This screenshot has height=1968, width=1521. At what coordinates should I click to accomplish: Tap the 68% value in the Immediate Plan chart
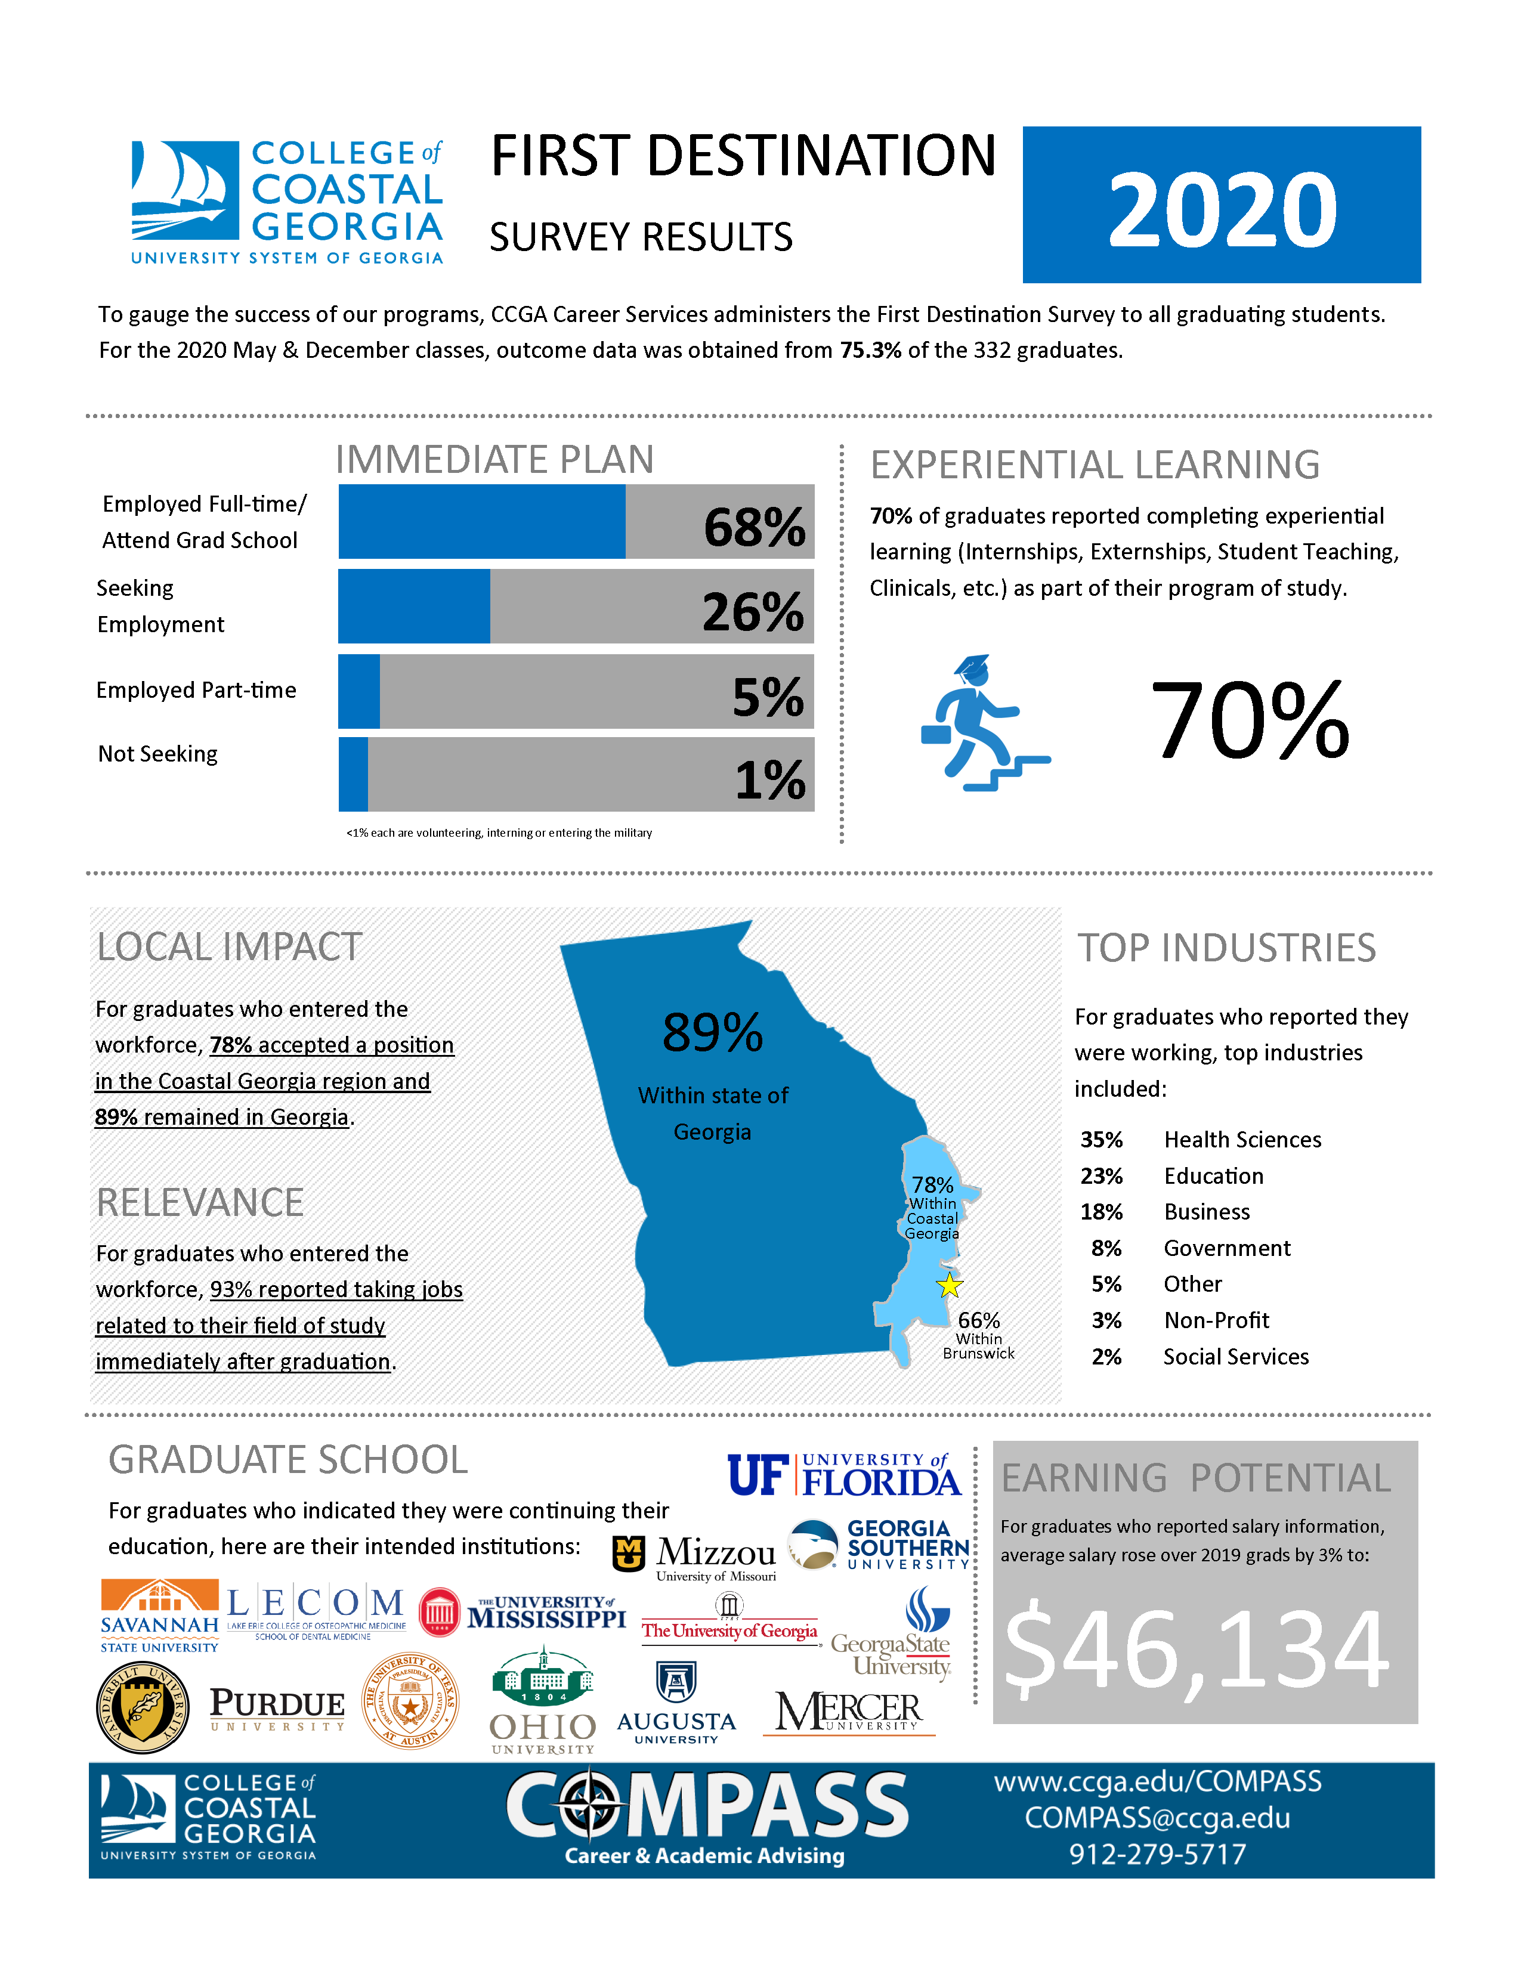754,527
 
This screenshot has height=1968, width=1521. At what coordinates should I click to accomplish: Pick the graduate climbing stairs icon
984,723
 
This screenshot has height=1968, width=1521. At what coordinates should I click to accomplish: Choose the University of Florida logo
843,1475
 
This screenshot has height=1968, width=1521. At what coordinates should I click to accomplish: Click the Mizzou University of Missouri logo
695,1557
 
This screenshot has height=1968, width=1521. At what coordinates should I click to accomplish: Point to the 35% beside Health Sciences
1101,1140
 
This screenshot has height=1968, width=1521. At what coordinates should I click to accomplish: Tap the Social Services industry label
1235,1357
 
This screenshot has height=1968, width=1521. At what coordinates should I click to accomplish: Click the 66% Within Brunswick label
979,1335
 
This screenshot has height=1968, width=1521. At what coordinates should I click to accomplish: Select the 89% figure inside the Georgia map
712,1033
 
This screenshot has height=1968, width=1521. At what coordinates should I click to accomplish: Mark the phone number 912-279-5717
1157,1855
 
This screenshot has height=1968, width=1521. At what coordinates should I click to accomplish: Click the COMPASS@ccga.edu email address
1157,1818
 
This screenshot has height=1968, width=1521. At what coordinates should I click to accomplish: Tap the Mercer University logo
848,1712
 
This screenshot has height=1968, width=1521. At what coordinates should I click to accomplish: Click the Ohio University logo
542,1704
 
